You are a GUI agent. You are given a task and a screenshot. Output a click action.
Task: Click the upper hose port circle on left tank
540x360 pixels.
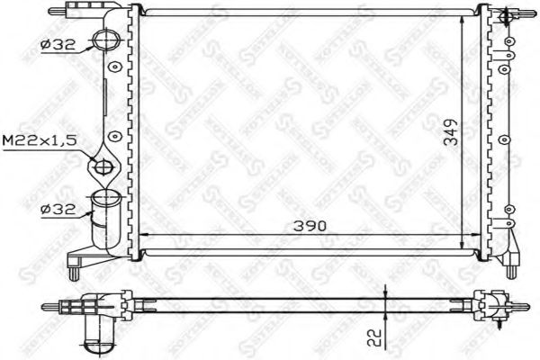[105, 40]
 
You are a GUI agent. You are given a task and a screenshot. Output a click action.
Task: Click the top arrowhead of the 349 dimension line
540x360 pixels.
[463, 17]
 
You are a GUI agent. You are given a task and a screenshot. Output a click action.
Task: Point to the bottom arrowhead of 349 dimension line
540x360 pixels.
[463, 249]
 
